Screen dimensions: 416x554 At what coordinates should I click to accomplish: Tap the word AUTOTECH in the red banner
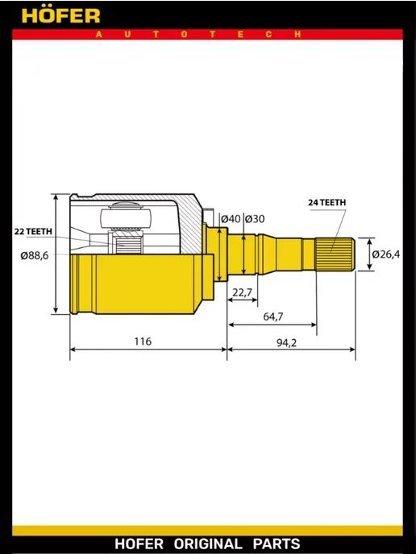[x=198, y=35]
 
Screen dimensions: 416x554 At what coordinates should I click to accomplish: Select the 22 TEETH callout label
[x=33, y=231]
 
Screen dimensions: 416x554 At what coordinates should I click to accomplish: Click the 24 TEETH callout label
[x=327, y=202]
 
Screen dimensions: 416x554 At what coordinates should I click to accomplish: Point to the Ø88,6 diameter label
[x=35, y=255]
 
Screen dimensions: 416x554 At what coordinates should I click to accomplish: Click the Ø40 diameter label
[x=231, y=219]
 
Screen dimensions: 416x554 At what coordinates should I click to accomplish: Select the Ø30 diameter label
[x=255, y=219]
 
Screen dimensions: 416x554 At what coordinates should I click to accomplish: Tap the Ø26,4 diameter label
[x=386, y=254]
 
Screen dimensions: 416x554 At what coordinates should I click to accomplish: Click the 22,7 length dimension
[x=243, y=292]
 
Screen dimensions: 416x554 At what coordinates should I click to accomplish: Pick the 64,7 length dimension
[x=273, y=316]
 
